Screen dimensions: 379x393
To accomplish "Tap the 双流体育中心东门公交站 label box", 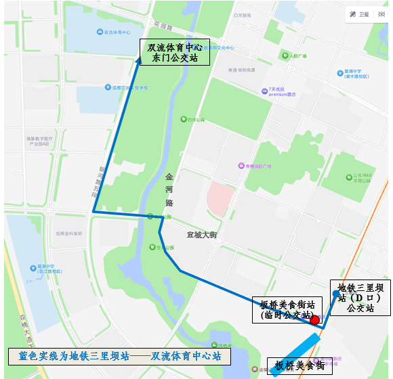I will (x=175, y=53).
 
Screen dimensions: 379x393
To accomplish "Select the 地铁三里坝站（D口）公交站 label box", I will (x=360, y=298).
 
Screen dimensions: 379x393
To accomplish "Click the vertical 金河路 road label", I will (x=169, y=190).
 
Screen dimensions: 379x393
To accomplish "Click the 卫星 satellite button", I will (x=360, y=14).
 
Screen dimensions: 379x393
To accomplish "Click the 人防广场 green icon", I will (x=285, y=55).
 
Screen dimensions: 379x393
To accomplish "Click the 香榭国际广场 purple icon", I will (x=241, y=166).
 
